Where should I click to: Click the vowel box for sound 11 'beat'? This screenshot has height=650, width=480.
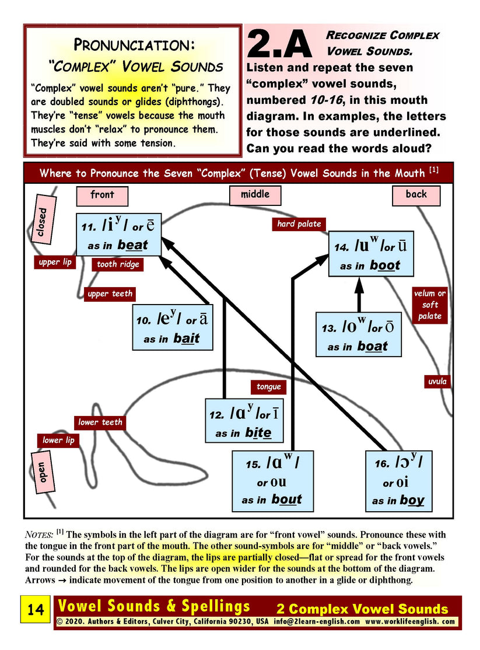(x=118, y=235)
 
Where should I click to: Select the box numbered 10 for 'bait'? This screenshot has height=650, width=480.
(x=171, y=328)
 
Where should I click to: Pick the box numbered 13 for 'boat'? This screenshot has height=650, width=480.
(x=359, y=335)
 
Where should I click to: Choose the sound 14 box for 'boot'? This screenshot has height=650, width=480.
(x=371, y=253)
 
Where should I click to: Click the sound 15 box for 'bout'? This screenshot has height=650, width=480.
(x=273, y=480)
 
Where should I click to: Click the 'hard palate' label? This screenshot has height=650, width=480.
(x=299, y=223)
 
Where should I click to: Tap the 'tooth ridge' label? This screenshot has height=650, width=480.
(x=118, y=264)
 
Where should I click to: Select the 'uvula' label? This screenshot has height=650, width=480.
(x=437, y=382)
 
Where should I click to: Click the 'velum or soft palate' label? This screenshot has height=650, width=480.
(x=430, y=305)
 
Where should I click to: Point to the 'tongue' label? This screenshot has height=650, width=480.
(x=269, y=386)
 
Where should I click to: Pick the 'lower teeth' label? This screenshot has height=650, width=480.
(x=100, y=422)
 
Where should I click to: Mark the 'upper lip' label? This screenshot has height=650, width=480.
(x=55, y=262)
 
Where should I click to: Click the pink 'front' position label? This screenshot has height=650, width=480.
(x=102, y=195)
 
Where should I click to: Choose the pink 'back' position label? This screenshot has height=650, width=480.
(x=416, y=195)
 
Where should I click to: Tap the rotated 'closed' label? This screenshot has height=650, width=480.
(x=42, y=222)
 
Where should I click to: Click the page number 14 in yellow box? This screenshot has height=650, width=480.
(x=36, y=610)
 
